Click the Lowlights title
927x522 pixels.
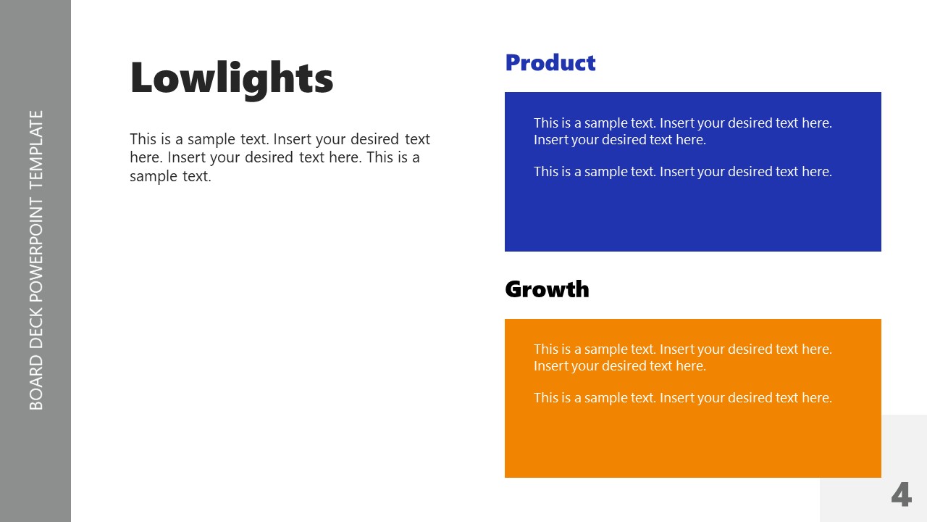coord(231,78)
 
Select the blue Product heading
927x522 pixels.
coord(550,63)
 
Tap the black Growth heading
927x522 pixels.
coord(547,289)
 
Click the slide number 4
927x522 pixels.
coord(901,495)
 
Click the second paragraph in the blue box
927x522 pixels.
coord(682,172)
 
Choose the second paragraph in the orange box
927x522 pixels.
coord(682,398)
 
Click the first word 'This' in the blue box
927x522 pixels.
coord(546,123)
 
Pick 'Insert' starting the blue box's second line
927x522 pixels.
coord(551,140)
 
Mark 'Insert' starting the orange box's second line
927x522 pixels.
coord(551,366)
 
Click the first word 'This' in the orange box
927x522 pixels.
coord(546,349)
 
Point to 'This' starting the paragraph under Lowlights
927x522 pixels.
coord(143,139)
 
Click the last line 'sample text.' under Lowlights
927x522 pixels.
coord(170,176)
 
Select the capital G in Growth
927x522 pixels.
coord(514,289)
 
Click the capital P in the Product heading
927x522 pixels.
coord(513,63)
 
